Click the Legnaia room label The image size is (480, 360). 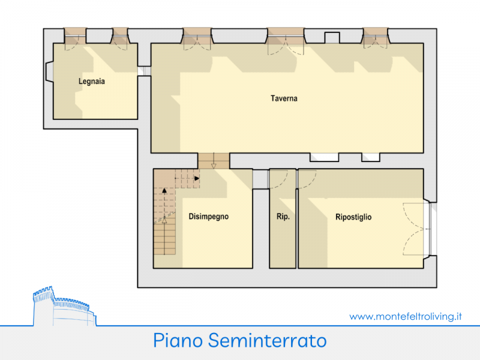[92, 82]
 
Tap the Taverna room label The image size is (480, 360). [284, 98]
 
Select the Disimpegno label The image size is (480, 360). [208, 217]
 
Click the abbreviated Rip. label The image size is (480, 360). [283, 217]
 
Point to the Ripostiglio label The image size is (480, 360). [353, 217]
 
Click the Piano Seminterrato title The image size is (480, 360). [239, 340]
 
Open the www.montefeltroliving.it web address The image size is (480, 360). [406, 317]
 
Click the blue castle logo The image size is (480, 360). [64, 306]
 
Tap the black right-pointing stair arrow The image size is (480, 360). [197, 178]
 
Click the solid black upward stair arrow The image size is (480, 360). [164, 190]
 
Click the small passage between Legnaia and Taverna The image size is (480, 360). [144, 71]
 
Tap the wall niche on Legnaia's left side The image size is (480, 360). [49, 72]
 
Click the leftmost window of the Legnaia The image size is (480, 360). [75, 36]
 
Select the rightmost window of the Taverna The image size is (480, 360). [376, 36]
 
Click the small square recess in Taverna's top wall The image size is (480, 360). [332, 38]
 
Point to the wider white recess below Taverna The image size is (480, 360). [324, 157]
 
